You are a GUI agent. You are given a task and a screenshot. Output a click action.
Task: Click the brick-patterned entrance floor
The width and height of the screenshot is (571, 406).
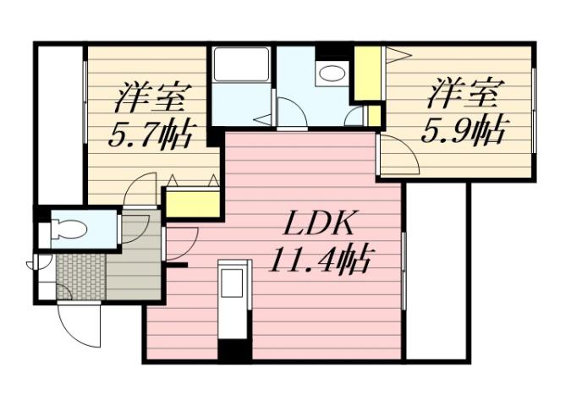[x=80, y=275]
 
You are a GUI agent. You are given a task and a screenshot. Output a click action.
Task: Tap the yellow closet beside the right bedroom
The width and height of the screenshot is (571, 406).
[x=367, y=74]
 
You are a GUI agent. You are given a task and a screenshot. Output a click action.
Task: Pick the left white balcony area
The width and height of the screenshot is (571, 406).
[x=59, y=123]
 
